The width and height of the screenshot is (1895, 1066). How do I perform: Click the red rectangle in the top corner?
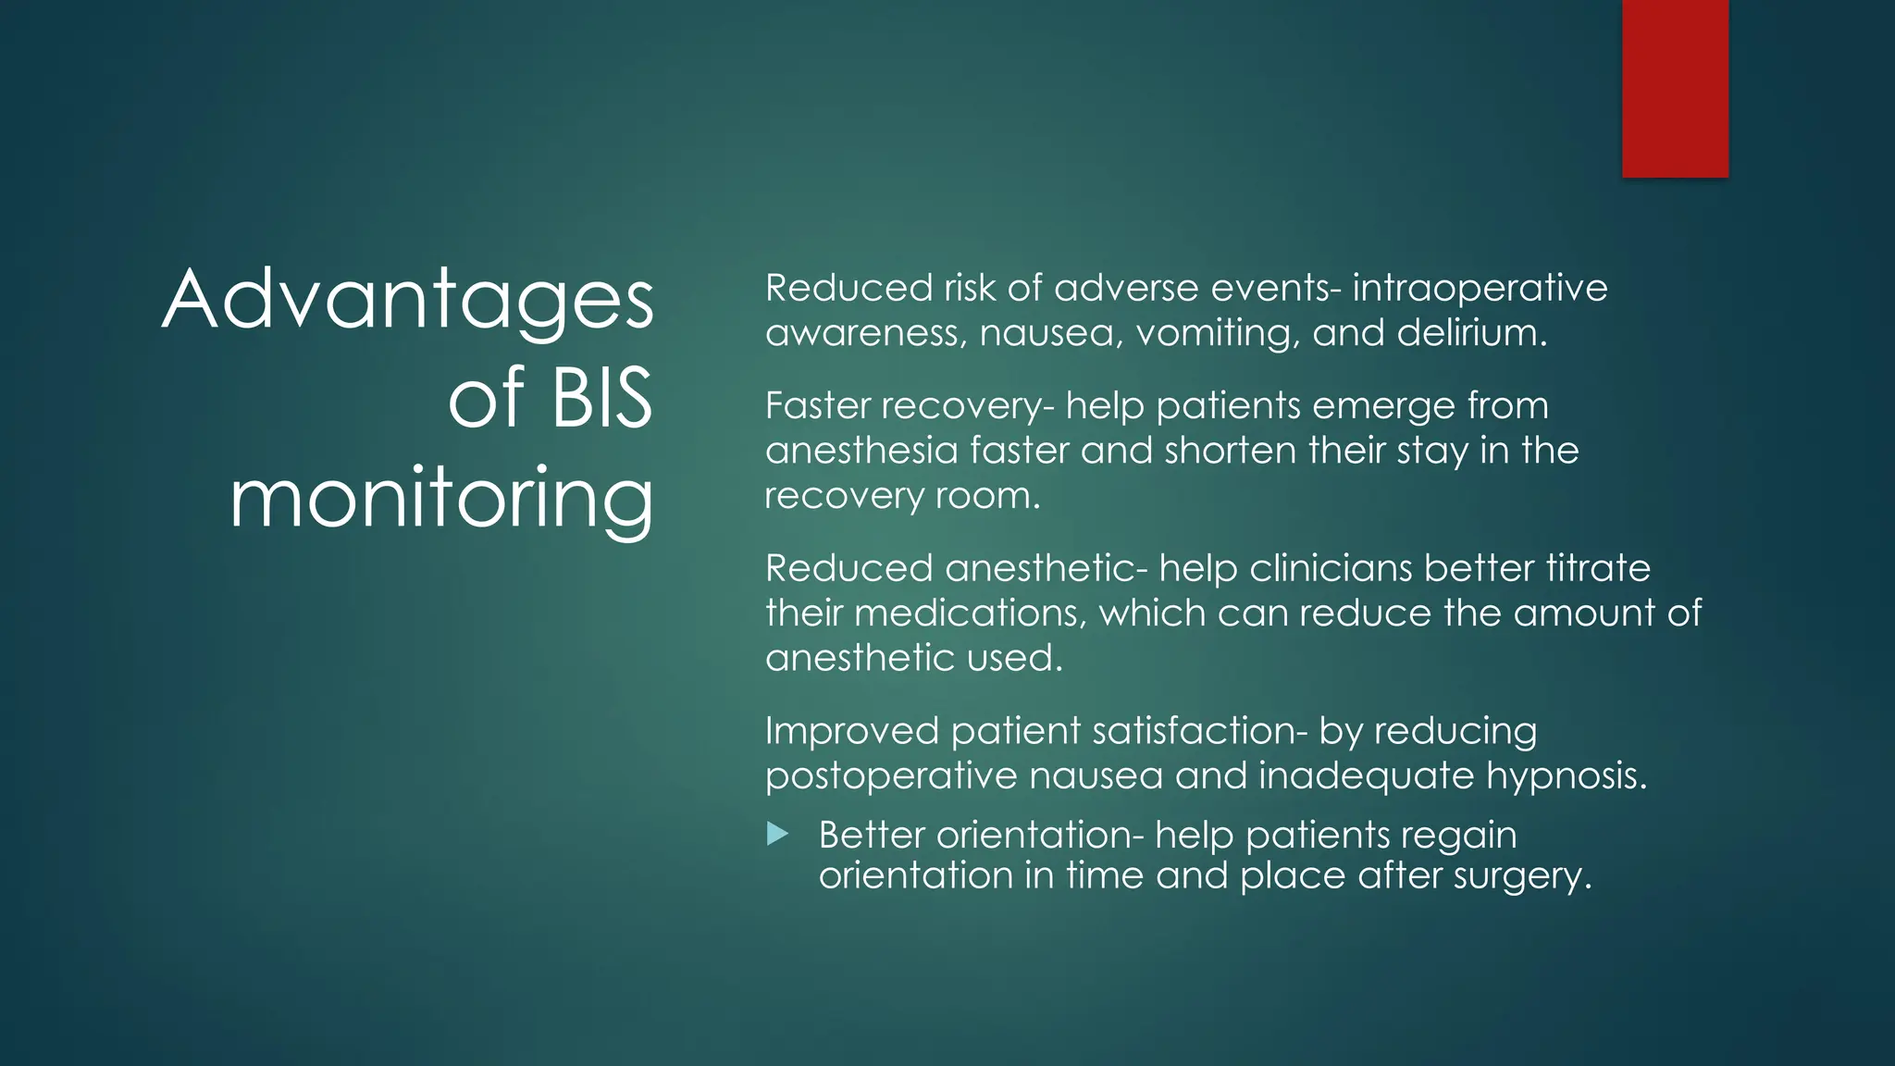point(1675,88)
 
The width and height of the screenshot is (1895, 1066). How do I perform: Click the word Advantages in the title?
point(408,300)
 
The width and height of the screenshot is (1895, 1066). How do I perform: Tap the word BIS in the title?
point(602,399)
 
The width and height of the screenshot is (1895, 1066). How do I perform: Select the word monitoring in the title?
point(441,500)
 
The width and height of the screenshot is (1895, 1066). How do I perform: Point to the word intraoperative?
point(1480,288)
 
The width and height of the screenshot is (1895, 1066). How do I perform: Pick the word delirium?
point(1471,333)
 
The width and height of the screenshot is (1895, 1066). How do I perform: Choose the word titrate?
point(1598,568)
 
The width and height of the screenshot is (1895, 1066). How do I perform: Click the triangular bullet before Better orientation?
point(777,835)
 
